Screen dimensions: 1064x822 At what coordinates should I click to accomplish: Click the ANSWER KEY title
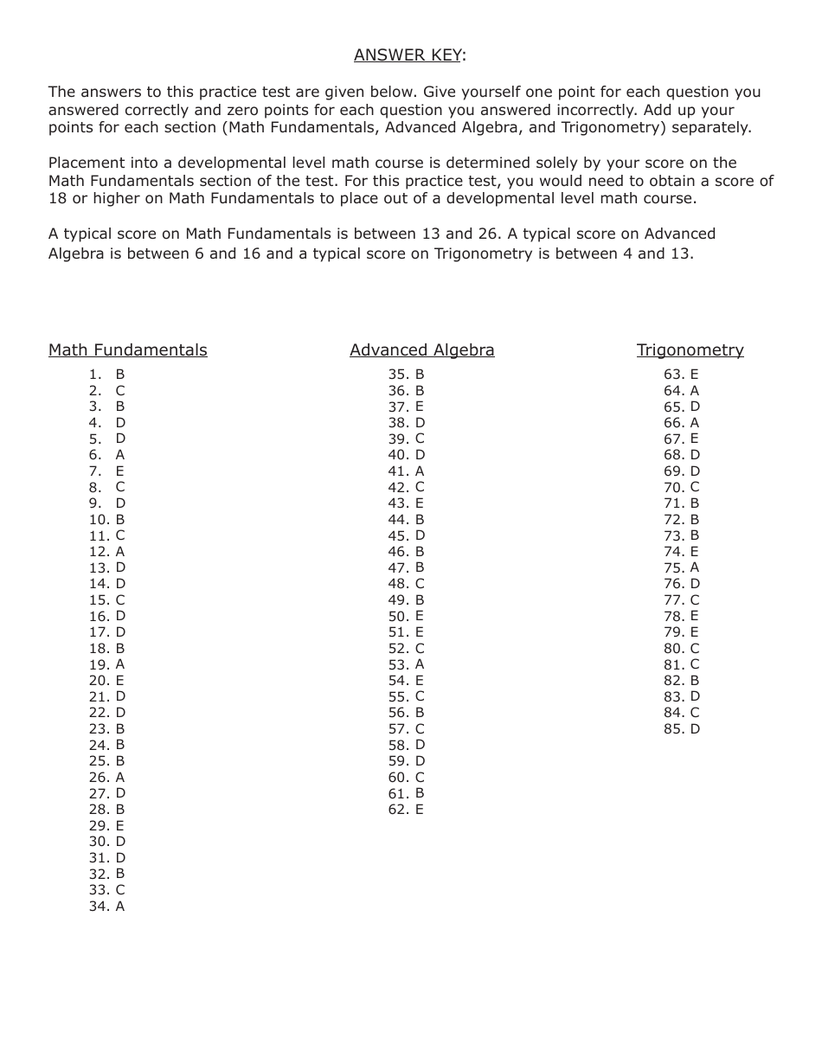tap(409, 55)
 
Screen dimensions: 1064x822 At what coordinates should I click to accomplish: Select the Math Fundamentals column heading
tap(128, 350)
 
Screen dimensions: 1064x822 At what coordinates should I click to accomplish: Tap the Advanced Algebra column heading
tap(422, 350)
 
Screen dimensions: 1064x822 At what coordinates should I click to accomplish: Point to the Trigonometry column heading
tap(690, 350)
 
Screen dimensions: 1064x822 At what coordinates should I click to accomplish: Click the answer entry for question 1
tap(107, 375)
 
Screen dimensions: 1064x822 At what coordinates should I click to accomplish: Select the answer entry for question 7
tap(107, 471)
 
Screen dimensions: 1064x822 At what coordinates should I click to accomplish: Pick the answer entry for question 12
tap(107, 552)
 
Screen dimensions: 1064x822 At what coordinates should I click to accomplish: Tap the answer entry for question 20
tap(107, 681)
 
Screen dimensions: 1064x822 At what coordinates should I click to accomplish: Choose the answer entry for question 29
tap(107, 826)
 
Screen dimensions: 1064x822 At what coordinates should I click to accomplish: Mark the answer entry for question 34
tap(107, 907)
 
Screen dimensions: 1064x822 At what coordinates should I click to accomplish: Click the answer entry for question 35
tap(407, 375)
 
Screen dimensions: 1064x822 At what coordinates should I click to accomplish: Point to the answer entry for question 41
tap(407, 471)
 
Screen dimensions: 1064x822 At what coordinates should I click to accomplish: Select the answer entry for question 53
tap(407, 664)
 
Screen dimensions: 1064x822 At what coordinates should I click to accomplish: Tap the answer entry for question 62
tap(407, 810)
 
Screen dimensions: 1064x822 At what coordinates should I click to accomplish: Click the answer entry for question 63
tap(682, 375)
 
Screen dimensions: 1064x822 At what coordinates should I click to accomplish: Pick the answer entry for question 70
tap(682, 487)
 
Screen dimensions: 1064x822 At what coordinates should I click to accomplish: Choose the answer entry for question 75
tap(682, 567)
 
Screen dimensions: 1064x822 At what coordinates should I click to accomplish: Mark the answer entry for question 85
tap(682, 729)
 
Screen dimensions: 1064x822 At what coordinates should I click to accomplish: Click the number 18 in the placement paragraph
tap(57, 198)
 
